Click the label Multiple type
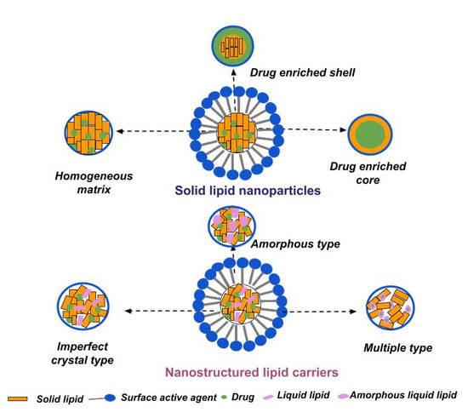point(397,348)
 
